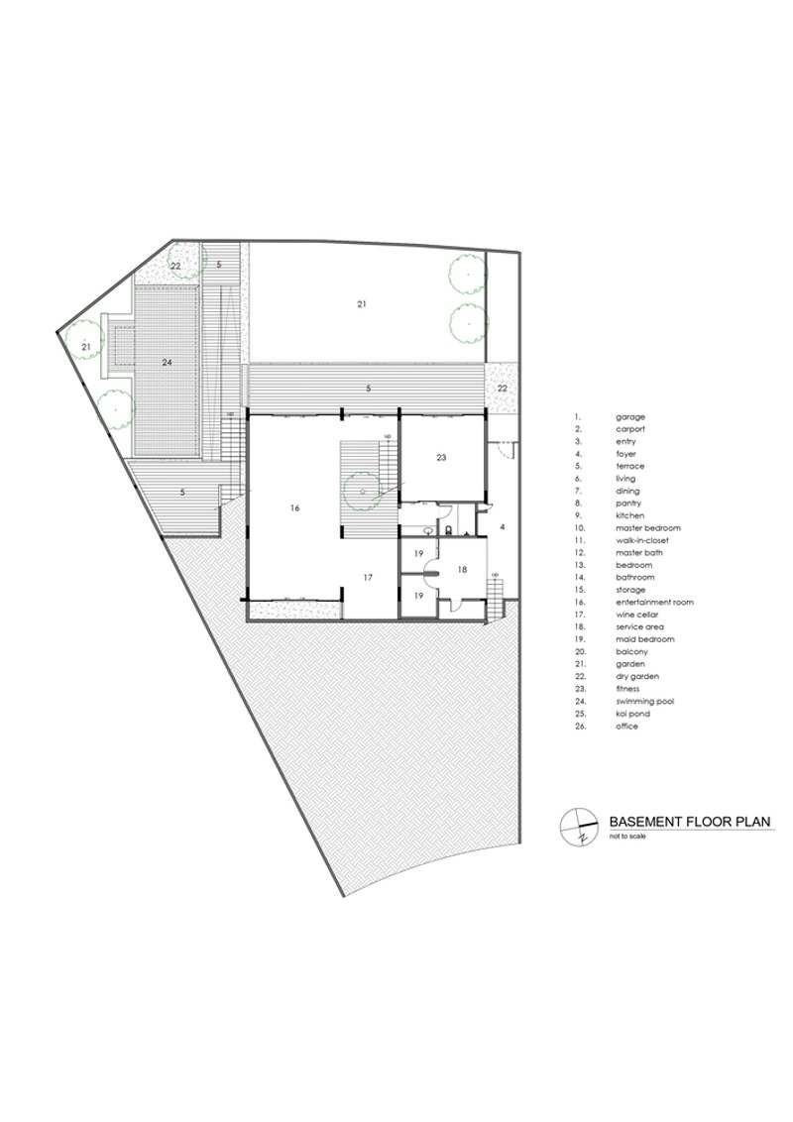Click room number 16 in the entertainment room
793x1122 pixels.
coord(294,507)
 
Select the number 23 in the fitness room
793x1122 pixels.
coord(441,457)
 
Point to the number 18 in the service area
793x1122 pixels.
coord(462,570)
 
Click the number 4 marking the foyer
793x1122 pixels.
coord(503,527)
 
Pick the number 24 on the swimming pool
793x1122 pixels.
coord(167,363)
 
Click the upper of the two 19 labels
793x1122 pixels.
coord(419,553)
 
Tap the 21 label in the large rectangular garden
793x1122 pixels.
coord(362,304)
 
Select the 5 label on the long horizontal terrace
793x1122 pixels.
coord(368,389)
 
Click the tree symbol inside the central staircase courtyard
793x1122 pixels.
coord(363,491)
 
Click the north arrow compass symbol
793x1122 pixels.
coord(578,828)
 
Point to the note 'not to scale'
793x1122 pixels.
coord(627,836)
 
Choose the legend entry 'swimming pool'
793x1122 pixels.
coord(645,702)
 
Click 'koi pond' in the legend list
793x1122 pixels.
coord(631,714)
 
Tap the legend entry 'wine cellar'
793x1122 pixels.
coord(637,614)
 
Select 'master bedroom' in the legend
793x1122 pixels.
coord(648,527)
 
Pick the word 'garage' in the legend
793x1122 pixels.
coord(630,416)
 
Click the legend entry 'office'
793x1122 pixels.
coord(626,727)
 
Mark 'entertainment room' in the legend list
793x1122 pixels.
coord(655,602)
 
